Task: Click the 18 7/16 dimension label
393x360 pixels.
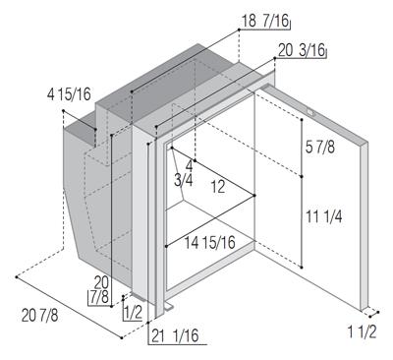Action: (265, 22)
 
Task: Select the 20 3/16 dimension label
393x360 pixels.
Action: (302, 50)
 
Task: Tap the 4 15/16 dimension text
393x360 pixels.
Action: (69, 94)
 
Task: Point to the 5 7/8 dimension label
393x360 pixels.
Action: (320, 147)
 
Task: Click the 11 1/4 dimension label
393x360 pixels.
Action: (324, 216)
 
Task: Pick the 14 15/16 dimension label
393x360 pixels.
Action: (209, 243)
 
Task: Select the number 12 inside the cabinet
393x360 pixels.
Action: (217, 187)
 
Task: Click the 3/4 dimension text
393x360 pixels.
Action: (184, 181)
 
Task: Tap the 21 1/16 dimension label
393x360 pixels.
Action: (175, 335)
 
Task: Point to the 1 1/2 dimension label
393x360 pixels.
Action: (362, 332)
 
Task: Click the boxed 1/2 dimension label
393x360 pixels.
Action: (133, 312)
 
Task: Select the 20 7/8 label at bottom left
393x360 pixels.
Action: (39, 316)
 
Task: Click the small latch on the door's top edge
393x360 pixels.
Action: (310, 112)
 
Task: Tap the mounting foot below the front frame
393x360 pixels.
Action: (168, 307)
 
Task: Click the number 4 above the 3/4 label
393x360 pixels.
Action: (190, 166)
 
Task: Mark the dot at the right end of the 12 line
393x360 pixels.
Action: (254, 196)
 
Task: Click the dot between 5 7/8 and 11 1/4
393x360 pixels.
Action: (302, 177)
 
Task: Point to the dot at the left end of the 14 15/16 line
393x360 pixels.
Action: (167, 246)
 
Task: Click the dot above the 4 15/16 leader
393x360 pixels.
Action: (63, 111)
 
